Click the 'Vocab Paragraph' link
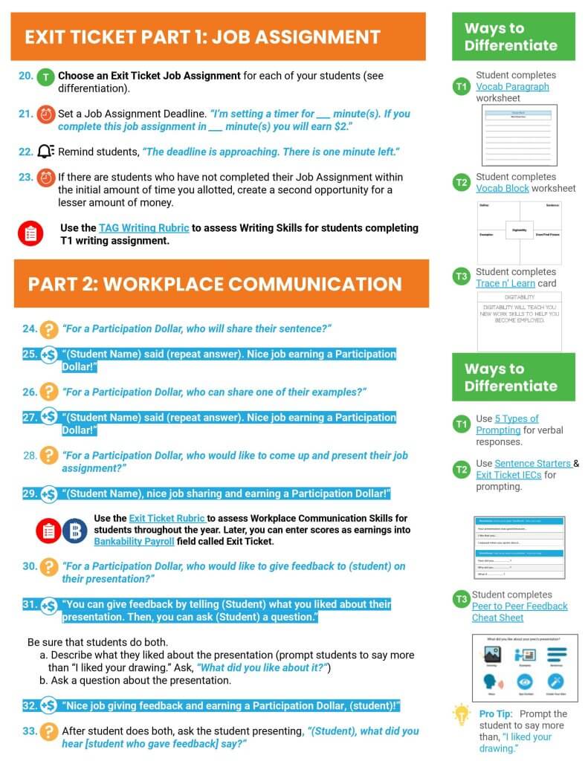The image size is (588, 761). click(512, 87)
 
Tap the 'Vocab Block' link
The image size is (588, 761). click(503, 188)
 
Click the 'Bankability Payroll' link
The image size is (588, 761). click(134, 541)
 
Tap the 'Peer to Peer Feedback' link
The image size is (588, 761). click(520, 606)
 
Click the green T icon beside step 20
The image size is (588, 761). click(46, 76)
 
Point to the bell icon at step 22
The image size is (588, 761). click(46, 152)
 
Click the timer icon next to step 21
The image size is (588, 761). click(46, 114)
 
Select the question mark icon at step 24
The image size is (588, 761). click(49, 328)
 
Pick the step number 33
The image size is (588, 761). click(30, 731)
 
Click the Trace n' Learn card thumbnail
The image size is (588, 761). click(519, 321)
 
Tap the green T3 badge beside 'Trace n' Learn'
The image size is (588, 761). click(462, 277)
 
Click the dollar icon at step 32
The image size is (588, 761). click(49, 705)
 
